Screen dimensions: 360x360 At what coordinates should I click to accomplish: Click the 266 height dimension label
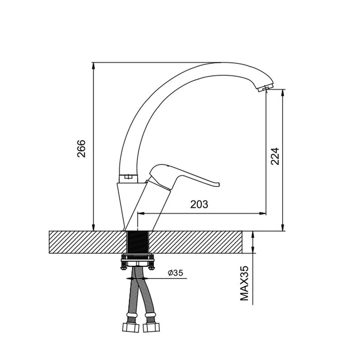tap(81, 148)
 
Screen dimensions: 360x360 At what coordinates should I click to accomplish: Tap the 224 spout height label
tap(275, 156)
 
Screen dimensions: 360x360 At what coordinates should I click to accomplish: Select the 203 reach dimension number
tap(199, 204)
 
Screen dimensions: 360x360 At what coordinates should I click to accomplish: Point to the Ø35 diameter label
tap(175, 273)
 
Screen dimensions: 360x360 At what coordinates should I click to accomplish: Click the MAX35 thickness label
tap(244, 283)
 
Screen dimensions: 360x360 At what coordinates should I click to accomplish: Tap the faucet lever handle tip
tap(218, 184)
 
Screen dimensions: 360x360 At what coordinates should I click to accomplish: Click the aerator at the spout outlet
tap(265, 88)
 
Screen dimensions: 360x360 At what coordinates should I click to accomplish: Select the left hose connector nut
tap(130, 327)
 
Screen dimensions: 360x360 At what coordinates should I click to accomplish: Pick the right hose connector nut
tap(151, 327)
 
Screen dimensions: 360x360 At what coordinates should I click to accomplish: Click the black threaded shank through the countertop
tap(138, 242)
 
